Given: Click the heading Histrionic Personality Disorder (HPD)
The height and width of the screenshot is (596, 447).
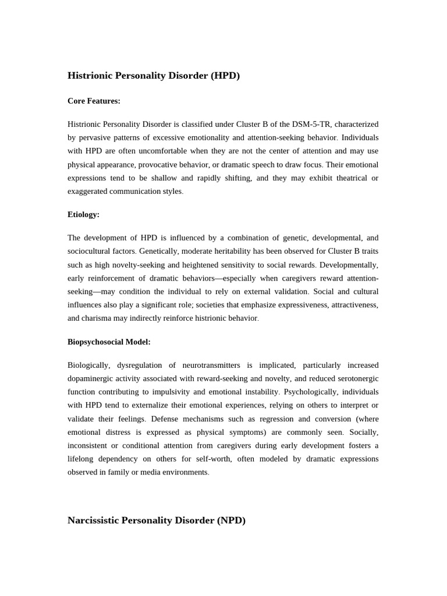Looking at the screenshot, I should (154, 76).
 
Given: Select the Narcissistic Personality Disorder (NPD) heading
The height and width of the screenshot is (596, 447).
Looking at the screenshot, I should (157, 520).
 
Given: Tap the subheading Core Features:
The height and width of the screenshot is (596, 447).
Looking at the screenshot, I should (94, 101).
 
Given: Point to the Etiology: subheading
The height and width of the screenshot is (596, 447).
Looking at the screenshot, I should (83, 214).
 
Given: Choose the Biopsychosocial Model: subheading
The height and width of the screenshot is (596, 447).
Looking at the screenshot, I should (109, 342).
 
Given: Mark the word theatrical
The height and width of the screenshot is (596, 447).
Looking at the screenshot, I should (341, 178).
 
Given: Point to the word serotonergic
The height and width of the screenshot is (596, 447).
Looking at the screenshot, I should (353, 378).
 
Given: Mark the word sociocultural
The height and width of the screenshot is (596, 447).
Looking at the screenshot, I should (91, 251).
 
